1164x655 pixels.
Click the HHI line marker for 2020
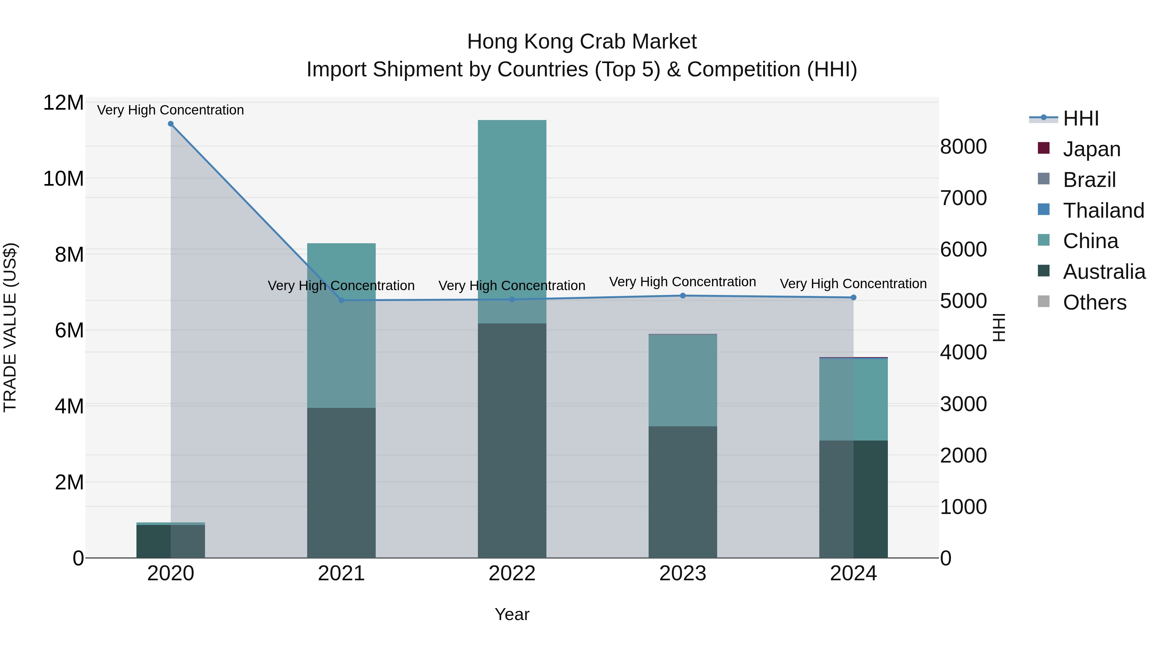pos(171,124)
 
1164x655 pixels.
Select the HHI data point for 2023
pos(683,296)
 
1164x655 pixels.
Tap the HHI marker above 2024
pos(854,298)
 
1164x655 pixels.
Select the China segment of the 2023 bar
pos(683,380)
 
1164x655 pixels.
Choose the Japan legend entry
pos(1091,149)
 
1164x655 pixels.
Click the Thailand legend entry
pos(1103,210)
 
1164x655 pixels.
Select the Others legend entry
pos(1094,302)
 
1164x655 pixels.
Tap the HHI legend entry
pos(1080,118)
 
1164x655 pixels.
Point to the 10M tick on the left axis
pos(63,179)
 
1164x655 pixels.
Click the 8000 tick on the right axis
pos(964,147)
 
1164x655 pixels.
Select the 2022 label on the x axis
pos(512,573)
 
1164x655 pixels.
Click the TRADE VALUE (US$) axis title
pos(10,327)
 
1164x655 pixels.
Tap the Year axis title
pos(512,614)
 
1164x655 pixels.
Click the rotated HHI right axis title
pos(999,327)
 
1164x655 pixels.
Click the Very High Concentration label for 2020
pos(171,110)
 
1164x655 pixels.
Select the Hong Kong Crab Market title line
pos(582,42)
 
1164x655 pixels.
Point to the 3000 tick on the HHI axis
pos(964,404)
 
